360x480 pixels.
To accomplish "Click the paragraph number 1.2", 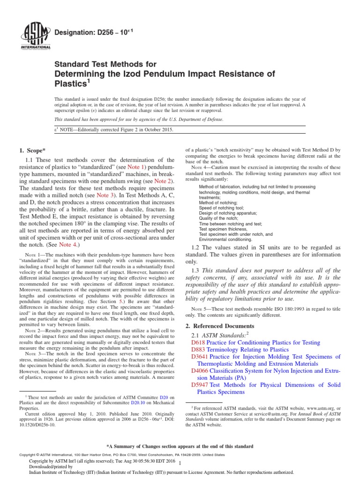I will (x=196, y=247).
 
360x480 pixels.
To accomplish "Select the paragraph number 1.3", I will (x=196, y=270).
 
